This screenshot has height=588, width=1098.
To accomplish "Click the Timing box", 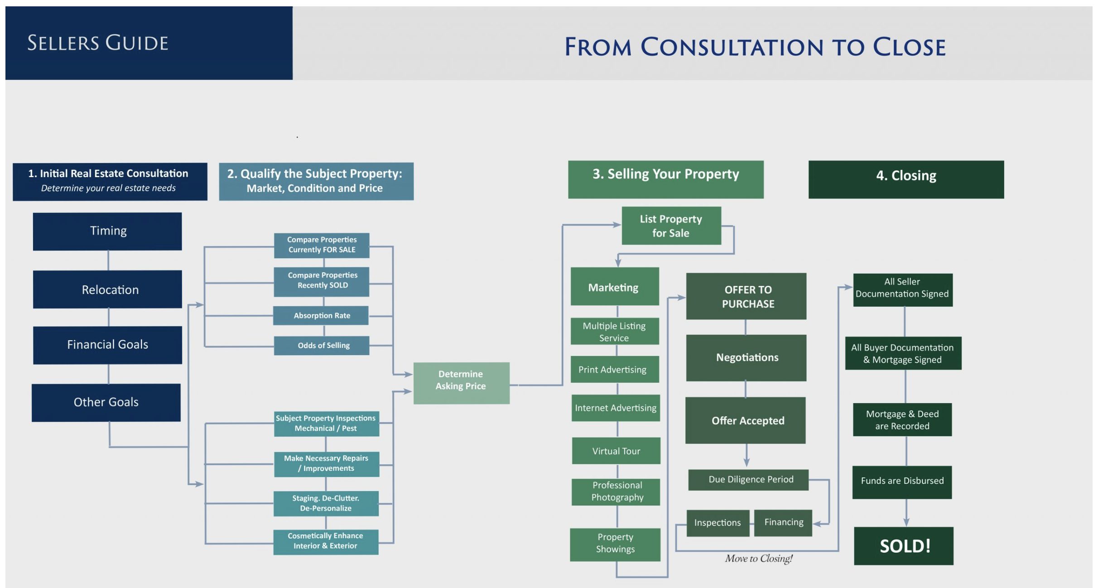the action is pyautogui.click(x=107, y=231).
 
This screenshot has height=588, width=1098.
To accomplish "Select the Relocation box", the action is pyautogui.click(x=107, y=289).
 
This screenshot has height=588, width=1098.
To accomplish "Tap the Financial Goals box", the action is pyautogui.click(x=107, y=345).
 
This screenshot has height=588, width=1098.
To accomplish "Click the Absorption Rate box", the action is pyautogui.click(x=321, y=315).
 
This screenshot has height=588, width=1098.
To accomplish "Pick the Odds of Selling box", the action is pyautogui.click(x=322, y=345).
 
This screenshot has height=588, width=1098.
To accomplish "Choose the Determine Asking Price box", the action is pyautogui.click(x=461, y=383).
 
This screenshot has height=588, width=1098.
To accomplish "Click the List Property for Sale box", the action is pyautogui.click(x=671, y=226).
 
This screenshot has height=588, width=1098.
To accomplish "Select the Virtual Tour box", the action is pyautogui.click(x=616, y=451).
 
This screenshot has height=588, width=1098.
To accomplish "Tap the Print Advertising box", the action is pyautogui.click(x=615, y=369).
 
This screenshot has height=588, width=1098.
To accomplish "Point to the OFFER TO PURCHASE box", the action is pyautogui.click(x=746, y=296).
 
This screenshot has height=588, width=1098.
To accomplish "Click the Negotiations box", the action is pyautogui.click(x=746, y=358).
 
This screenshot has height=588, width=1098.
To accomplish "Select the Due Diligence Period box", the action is pyautogui.click(x=748, y=480).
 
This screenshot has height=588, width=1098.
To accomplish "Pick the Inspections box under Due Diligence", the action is pyautogui.click(x=718, y=523).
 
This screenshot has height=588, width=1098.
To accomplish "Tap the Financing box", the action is pyautogui.click(x=783, y=522).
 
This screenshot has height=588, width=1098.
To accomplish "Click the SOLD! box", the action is pyautogui.click(x=904, y=546).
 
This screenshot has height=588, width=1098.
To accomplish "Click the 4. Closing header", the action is pyautogui.click(x=906, y=179).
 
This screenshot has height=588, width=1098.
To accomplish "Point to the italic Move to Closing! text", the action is pyautogui.click(x=759, y=559).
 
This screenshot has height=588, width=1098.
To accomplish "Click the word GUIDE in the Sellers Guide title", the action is pyautogui.click(x=137, y=43).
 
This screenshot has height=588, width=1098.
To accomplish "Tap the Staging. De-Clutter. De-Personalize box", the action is pyautogui.click(x=326, y=503).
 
